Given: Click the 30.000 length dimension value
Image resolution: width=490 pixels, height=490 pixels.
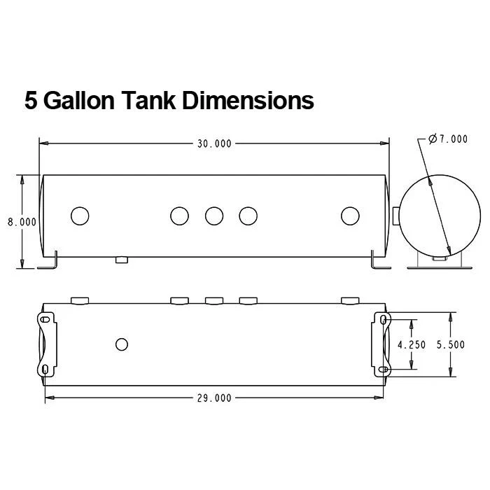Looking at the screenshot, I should tap(213, 143).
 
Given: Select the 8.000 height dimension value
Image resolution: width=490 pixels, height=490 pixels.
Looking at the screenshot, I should tap(22, 221).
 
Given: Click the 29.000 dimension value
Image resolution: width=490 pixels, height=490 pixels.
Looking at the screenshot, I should tap(213, 398).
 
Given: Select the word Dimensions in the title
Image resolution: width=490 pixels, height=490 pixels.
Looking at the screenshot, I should tap(248, 100).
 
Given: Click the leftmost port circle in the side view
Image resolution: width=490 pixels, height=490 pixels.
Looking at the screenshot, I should tap(80, 216).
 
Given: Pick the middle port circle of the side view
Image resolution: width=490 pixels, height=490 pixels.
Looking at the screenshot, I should tap(214, 216).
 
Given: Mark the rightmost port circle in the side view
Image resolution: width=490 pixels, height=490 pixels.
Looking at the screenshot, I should tap(349, 216).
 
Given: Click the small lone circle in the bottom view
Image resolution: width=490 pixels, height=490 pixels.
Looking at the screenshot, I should tap(122, 344).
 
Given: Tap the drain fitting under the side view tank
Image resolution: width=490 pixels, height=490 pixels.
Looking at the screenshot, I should tap(122, 260).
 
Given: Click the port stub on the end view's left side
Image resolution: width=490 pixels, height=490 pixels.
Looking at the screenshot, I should tap(396, 216).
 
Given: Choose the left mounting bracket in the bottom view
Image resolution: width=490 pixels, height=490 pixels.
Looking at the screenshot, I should tap(46, 344).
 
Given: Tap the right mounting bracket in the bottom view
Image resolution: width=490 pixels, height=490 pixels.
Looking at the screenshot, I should tap(382, 344).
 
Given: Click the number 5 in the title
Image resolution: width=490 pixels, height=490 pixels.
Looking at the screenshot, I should tap(31, 100).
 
